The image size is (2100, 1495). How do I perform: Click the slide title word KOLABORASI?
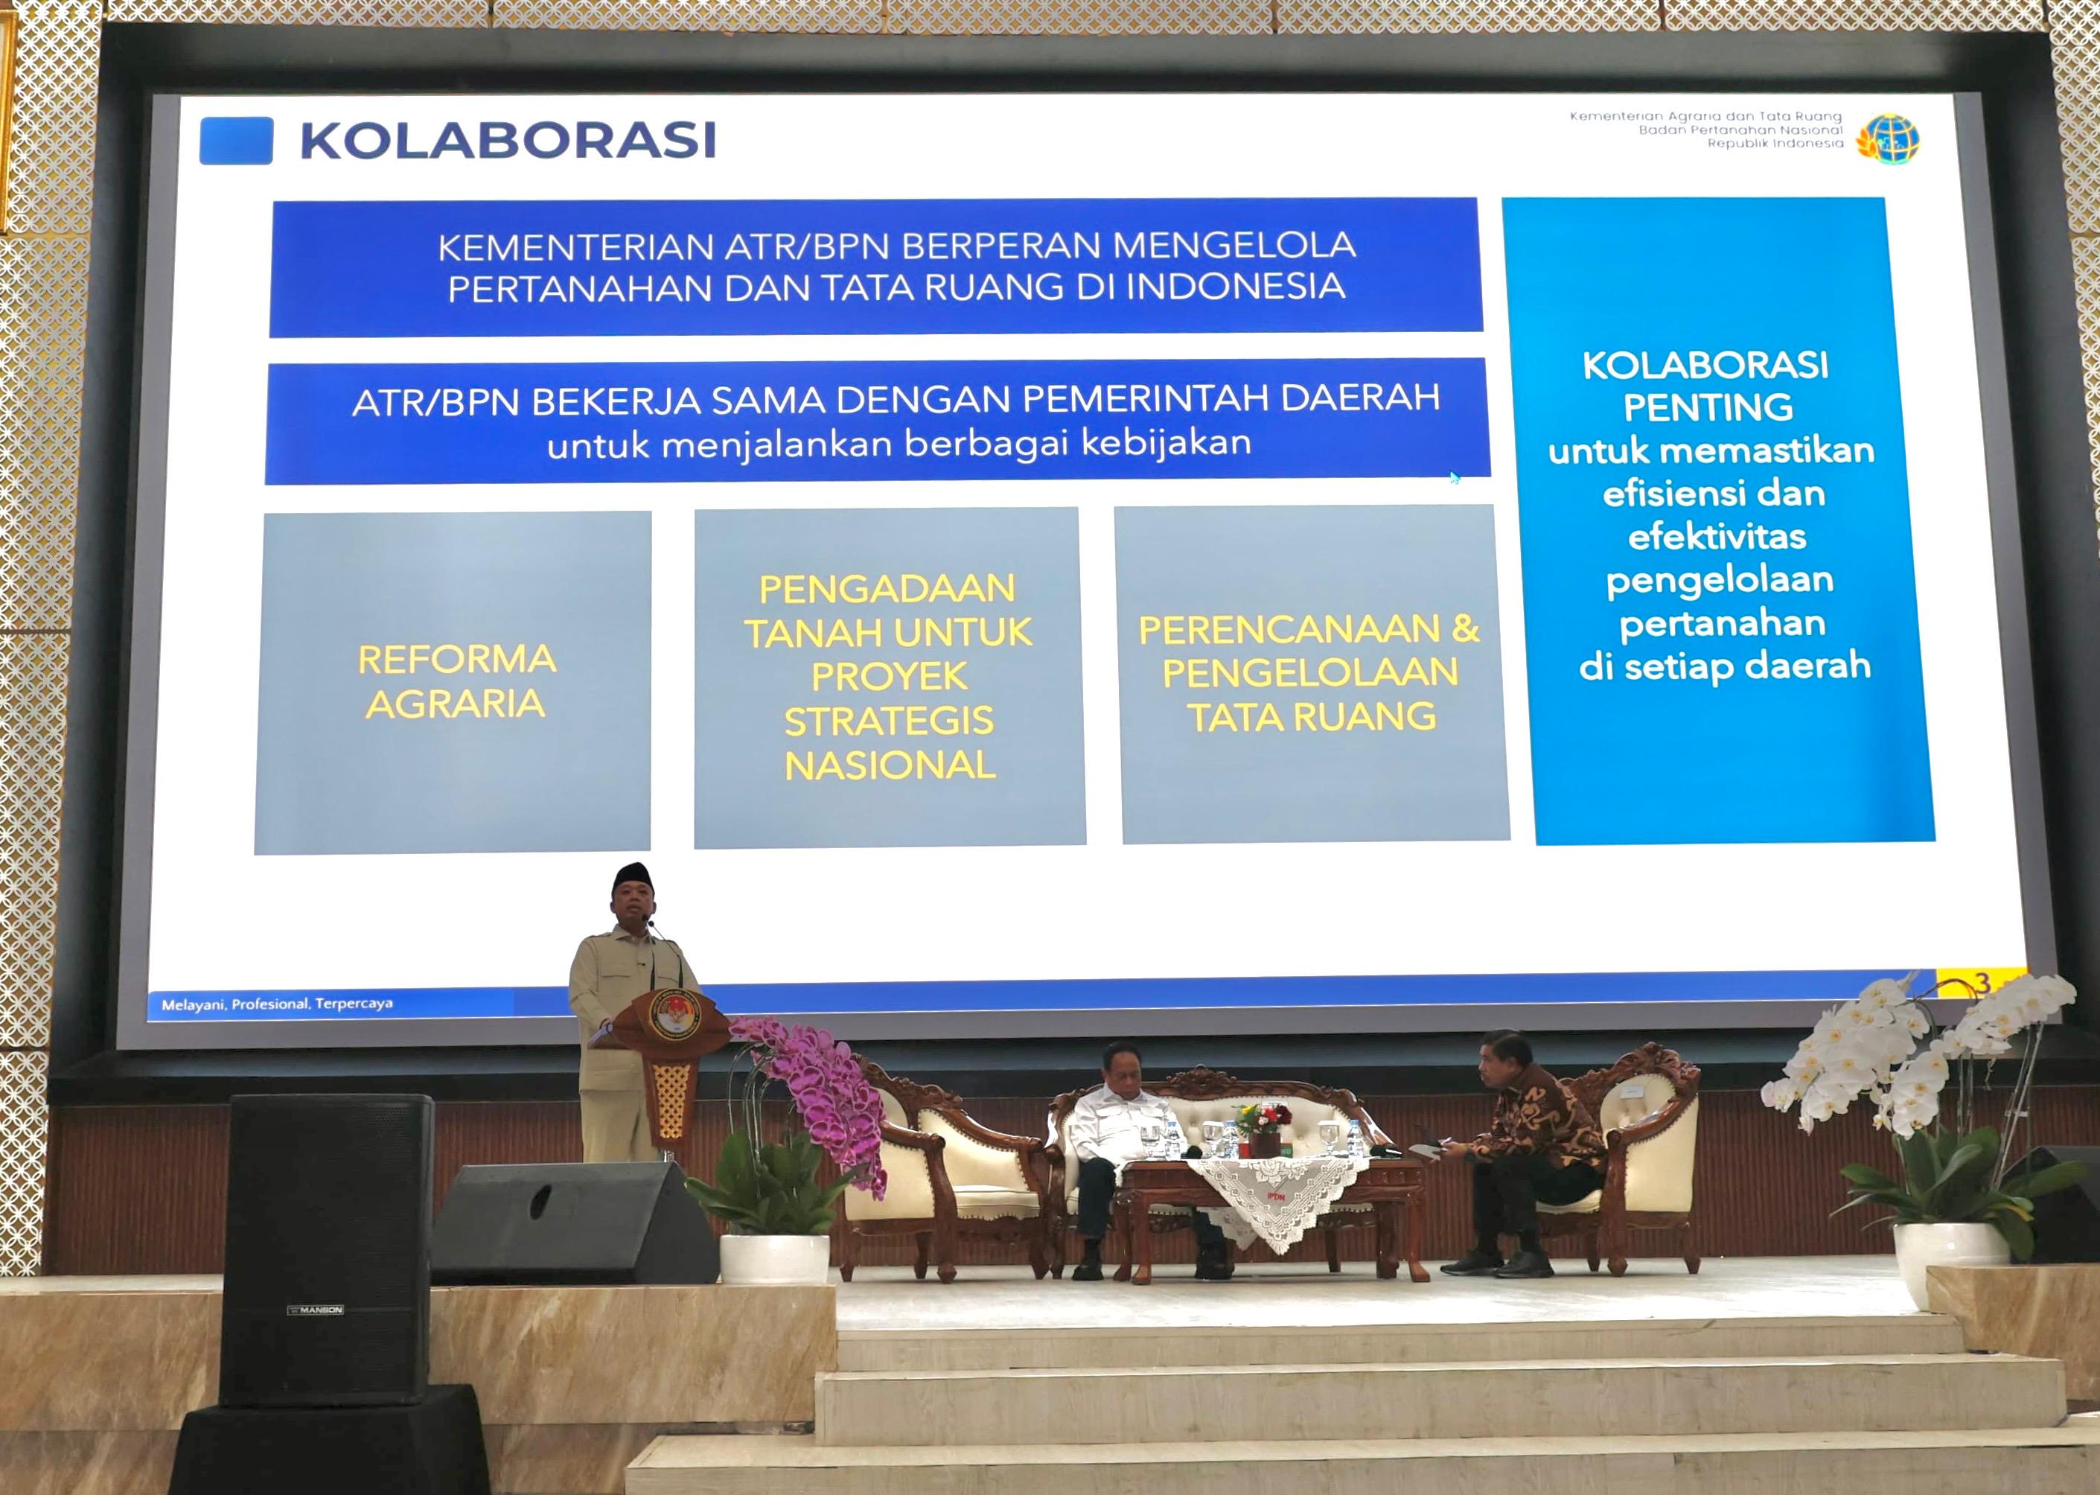click(x=507, y=141)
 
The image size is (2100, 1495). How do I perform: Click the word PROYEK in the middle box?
click(x=889, y=677)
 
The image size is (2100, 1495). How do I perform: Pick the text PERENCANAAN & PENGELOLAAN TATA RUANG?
click(x=1309, y=673)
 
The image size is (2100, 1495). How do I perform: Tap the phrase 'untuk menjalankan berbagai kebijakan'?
click(x=899, y=444)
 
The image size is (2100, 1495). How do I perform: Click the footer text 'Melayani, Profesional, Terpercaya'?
click(x=277, y=1004)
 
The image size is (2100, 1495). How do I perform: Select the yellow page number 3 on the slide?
click(x=1982, y=984)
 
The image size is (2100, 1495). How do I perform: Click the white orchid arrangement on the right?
click(x=1933, y=1059)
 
